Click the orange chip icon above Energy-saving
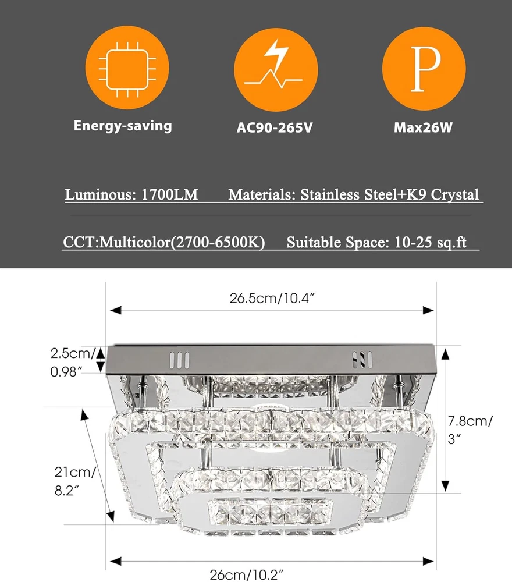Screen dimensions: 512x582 (127, 68)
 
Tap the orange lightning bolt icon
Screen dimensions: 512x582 (276, 69)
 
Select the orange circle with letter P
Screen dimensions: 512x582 (424, 69)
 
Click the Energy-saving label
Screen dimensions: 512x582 (123, 126)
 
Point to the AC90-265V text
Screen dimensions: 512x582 (275, 127)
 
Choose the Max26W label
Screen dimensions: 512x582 (423, 127)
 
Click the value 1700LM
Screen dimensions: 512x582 (169, 195)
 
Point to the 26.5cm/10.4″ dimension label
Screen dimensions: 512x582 (272, 298)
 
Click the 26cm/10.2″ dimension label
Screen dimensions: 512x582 (246, 574)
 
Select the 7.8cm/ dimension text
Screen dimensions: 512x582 (470, 421)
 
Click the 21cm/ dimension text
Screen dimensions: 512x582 (75, 472)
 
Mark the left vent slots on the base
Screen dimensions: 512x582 (179, 360)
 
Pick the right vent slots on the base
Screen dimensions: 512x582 (362, 360)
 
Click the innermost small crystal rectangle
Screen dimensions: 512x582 (270, 512)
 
